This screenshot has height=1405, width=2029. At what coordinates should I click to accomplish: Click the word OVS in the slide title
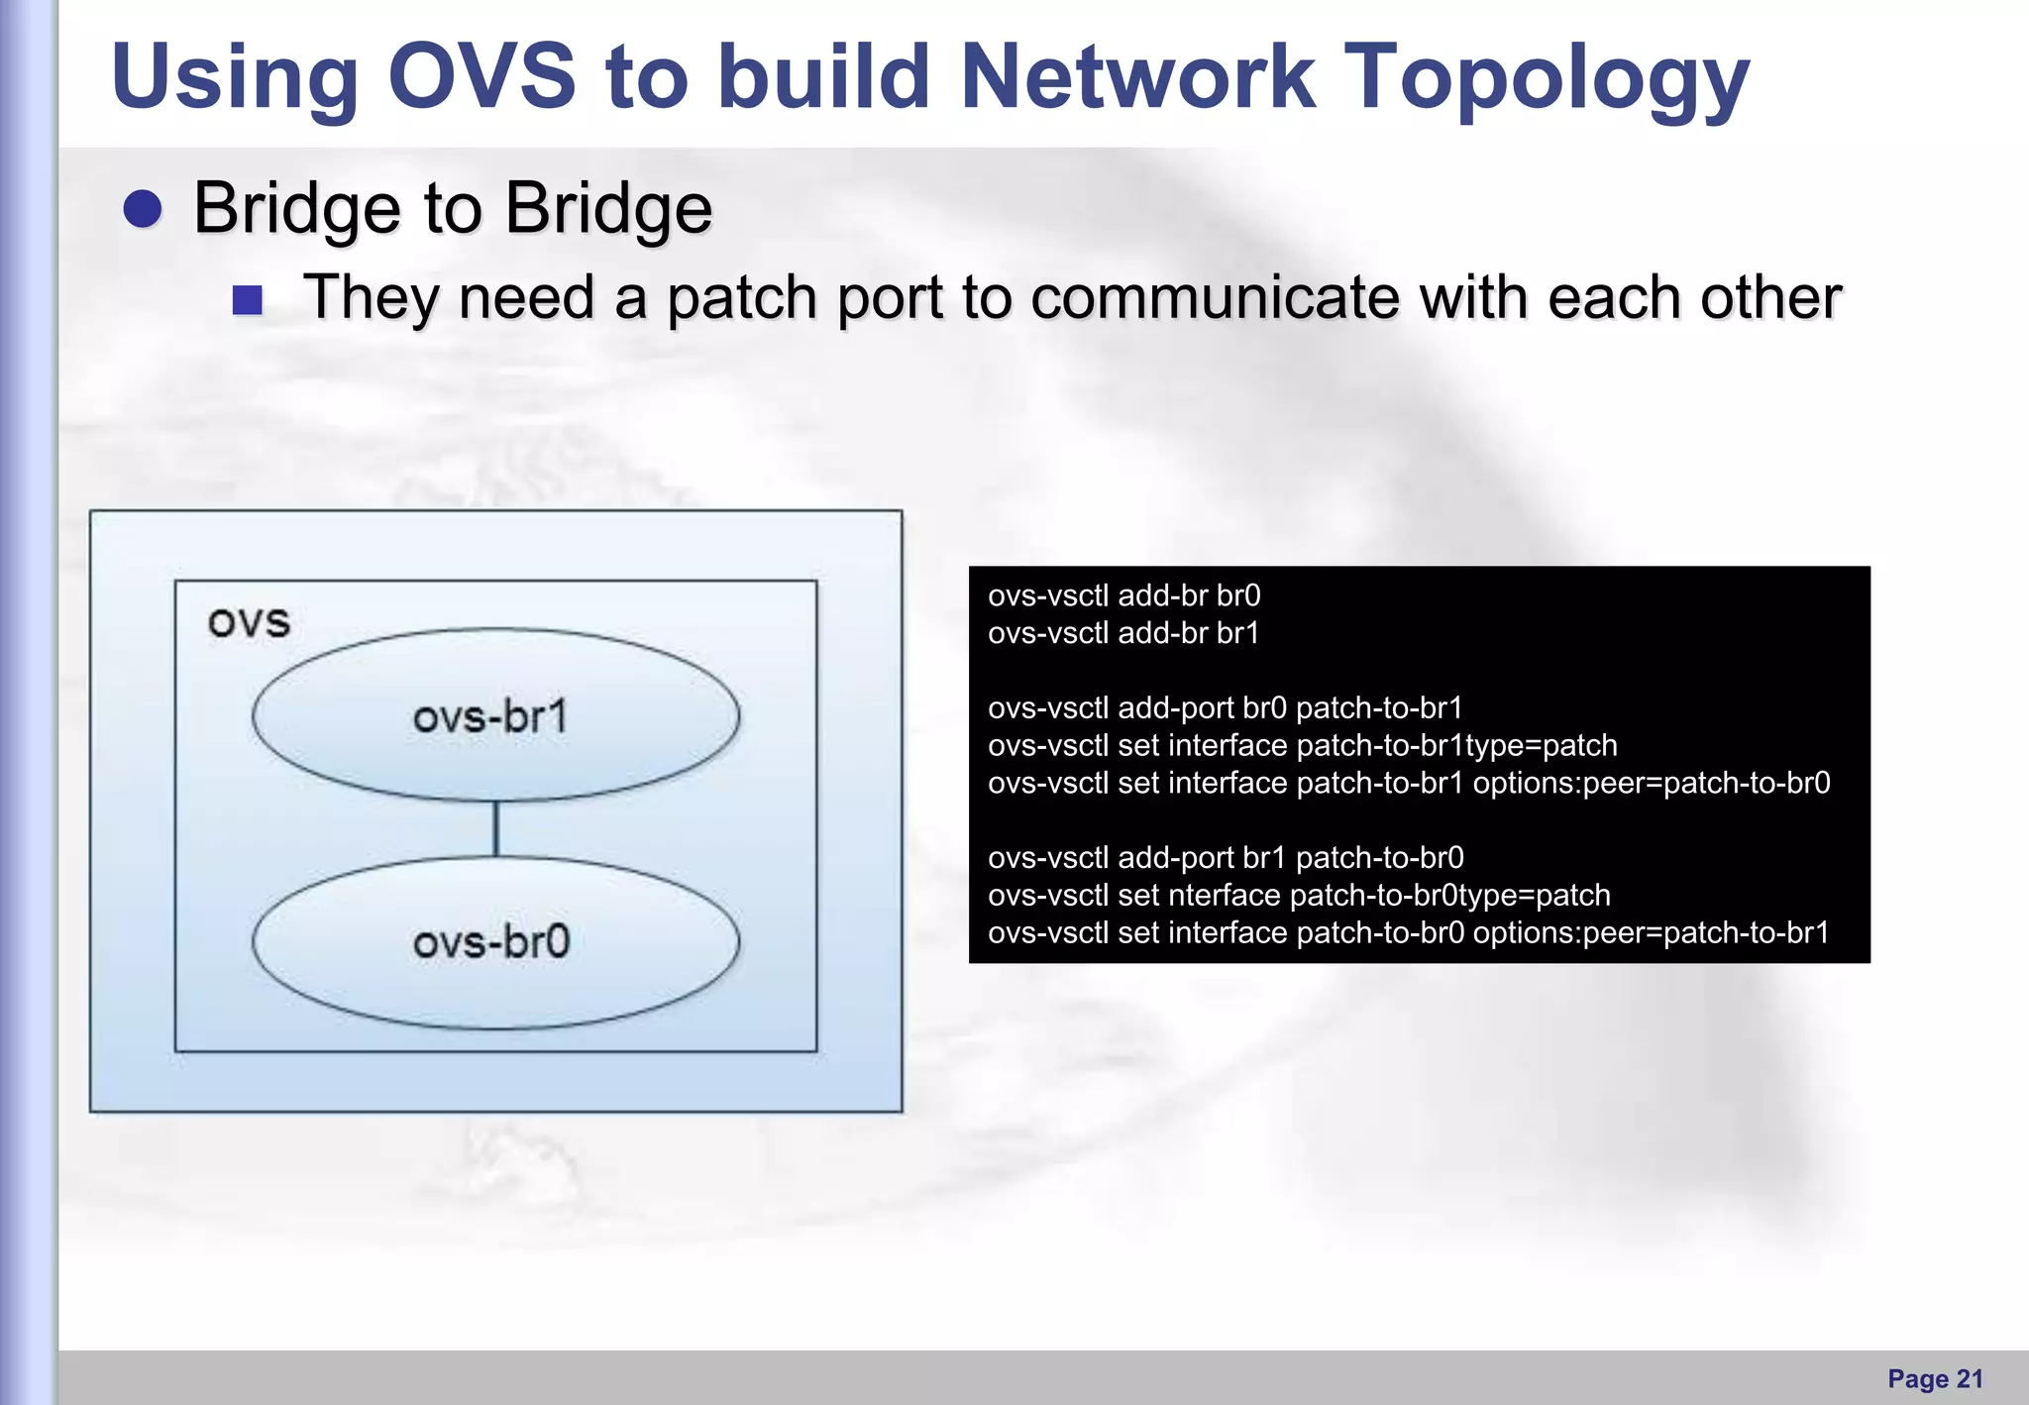(x=481, y=76)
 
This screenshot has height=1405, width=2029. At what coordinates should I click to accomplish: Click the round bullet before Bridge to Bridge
(x=144, y=209)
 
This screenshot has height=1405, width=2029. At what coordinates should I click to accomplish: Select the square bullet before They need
(x=247, y=300)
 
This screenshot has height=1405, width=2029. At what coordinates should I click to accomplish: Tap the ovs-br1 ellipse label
(x=491, y=716)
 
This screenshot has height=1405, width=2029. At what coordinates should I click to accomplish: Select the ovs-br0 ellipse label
(x=491, y=941)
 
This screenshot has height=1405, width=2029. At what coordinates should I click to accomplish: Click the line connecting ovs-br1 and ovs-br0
(x=495, y=828)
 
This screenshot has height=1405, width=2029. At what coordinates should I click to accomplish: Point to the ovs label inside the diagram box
(x=249, y=622)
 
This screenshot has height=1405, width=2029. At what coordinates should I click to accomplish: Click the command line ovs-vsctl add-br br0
(x=1123, y=595)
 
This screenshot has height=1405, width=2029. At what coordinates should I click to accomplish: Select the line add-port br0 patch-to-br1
(x=1225, y=708)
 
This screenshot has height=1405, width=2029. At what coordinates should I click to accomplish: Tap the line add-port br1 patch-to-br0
(x=1226, y=858)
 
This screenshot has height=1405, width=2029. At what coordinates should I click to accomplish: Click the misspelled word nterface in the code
(x=1225, y=896)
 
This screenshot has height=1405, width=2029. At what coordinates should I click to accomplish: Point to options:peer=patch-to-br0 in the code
(x=1651, y=784)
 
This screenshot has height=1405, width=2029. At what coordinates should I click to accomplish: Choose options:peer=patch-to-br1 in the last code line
(x=1651, y=933)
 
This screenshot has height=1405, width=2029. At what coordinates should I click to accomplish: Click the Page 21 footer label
(x=1935, y=1379)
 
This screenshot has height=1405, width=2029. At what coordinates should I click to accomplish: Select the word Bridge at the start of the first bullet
(x=295, y=209)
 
